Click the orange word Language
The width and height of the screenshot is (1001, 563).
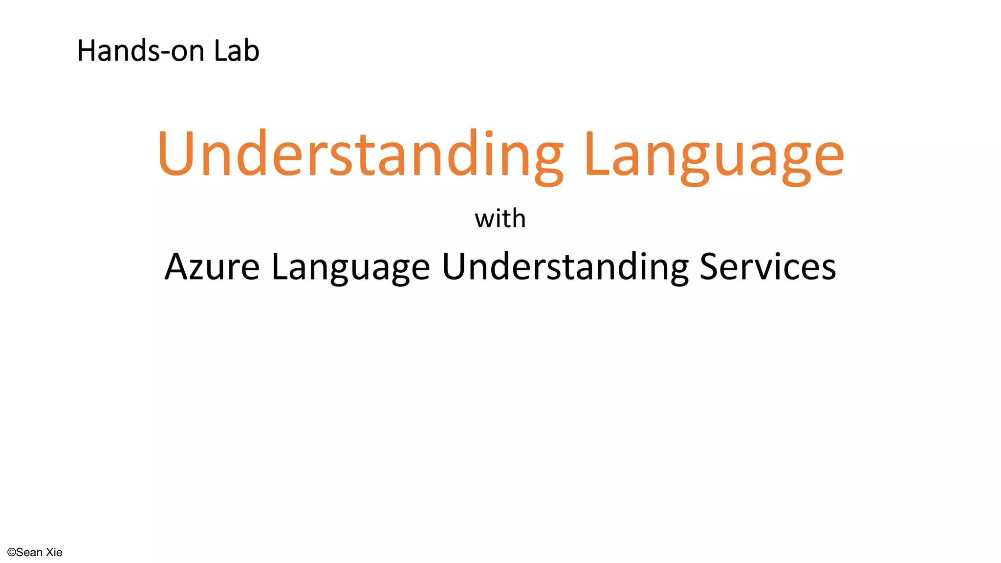(714, 154)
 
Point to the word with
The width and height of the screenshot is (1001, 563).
(500, 218)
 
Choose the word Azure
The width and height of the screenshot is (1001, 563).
(212, 267)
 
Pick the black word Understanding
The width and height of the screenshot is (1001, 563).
(565, 268)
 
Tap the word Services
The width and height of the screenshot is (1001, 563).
(768, 267)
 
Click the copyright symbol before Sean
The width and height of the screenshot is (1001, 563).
(11, 553)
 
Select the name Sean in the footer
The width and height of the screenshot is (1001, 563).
(29, 553)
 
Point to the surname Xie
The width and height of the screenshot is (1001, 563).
(54, 553)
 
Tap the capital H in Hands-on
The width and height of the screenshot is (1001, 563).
(87, 51)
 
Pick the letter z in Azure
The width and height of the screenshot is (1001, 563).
(196, 270)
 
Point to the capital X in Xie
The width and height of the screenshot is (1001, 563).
(50, 553)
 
